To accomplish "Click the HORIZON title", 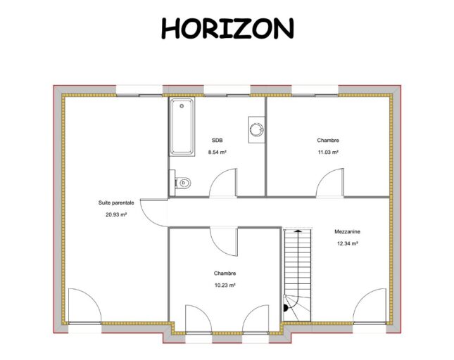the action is point(227,28).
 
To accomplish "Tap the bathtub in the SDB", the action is point(182,127).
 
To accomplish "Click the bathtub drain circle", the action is point(182,106).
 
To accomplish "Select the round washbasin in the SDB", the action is point(257,129).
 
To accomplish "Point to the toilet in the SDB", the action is point(181,182).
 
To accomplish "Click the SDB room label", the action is point(217,141).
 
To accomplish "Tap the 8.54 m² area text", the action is point(217,152).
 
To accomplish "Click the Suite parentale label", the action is point(116,203).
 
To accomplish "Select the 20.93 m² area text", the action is point(116,215).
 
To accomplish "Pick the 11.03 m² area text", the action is point(328,152).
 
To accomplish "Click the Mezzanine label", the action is point(348,231).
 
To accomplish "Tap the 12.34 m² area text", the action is point(348,243).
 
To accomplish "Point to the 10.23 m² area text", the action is point(225,285).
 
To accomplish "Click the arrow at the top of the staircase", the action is point(298,231).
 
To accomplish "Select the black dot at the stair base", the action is point(286,308).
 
